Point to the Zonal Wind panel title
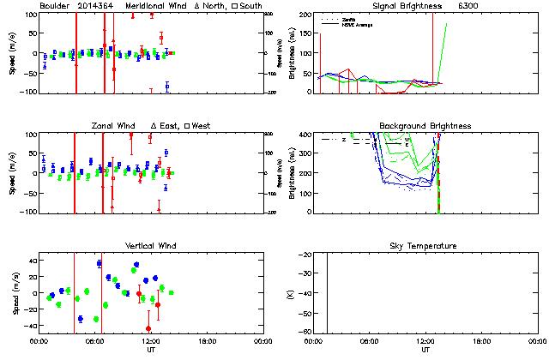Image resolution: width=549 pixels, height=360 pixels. [x=115, y=126]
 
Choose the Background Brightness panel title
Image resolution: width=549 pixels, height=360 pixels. [x=425, y=126]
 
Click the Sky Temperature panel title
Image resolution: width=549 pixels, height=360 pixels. [x=425, y=246]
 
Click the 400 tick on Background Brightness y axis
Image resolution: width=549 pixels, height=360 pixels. [x=305, y=135]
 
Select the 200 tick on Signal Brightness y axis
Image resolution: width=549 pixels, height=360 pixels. [x=305, y=15]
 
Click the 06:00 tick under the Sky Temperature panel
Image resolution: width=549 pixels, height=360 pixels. [x=371, y=341]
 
